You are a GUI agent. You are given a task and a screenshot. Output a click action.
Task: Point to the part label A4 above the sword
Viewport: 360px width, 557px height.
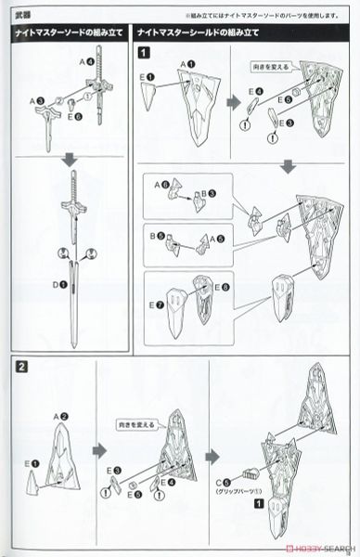pos(87,61)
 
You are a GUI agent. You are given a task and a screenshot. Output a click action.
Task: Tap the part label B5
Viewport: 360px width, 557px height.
pos(159,236)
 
